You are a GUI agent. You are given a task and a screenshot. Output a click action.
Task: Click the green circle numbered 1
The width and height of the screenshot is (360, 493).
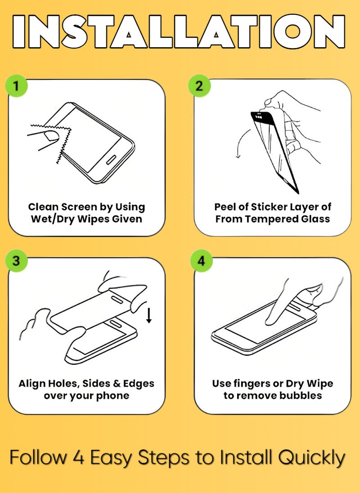click(16, 85)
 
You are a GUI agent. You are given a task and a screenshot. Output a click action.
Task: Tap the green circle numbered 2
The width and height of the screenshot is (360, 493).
click(199, 85)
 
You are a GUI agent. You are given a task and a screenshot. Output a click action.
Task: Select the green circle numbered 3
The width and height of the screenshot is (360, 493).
click(16, 260)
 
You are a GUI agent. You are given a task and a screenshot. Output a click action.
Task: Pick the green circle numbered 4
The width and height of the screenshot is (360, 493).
click(201, 260)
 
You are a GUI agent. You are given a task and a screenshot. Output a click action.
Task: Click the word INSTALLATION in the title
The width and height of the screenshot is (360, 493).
click(179, 31)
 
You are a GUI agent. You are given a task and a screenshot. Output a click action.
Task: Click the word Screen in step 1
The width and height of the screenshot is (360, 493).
click(79, 207)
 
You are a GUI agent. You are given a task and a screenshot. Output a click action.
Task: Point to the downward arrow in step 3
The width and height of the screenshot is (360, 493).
click(149, 315)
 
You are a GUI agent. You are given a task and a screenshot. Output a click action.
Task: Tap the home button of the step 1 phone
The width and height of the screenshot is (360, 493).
click(111, 160)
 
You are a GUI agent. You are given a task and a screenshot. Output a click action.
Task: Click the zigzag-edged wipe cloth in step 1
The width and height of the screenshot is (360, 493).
click(60, 140)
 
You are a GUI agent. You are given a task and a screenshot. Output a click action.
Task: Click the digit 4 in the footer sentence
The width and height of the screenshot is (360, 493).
click(78, 457)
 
